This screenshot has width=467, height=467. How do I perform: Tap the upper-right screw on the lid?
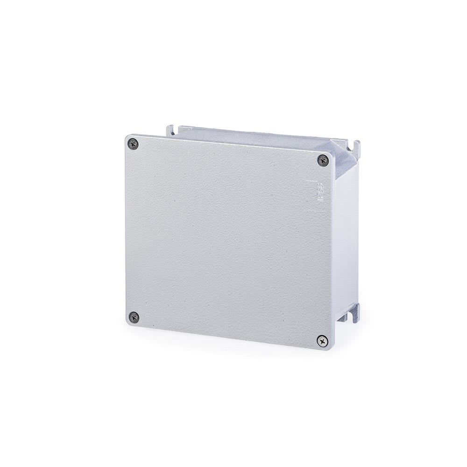324,160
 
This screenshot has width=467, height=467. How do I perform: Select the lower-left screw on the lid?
134,317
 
